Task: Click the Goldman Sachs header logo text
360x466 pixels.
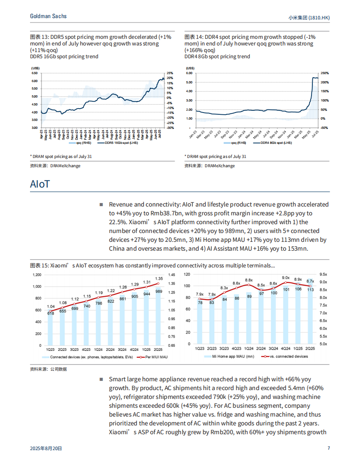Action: [48, 16]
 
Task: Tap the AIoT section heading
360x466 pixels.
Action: [40, 184]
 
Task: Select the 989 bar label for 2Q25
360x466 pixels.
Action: [159, 292]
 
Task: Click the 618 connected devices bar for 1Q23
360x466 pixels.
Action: [51, 329]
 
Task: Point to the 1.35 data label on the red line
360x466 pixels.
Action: [159, 279]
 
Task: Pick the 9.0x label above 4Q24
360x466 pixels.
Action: [286, 278]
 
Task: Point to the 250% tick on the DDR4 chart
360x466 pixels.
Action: [324, 73]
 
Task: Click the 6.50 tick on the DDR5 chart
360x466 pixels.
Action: [34, 73]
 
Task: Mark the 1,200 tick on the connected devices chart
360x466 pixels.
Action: [37, 275]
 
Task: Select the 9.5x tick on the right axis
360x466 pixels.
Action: [323, 274]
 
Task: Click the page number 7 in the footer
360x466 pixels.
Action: [329, 448]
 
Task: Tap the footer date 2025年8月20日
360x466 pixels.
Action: [46, 448]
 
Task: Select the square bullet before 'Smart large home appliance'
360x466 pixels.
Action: [101, 379]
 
